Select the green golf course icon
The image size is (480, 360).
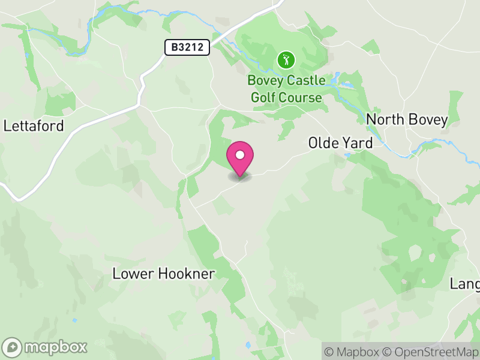pyautogui.click(x=286, y=59)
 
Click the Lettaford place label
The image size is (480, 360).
pyautogui.click(x=34, y=126)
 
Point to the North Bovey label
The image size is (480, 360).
pyautogui.click(x=407, y=119)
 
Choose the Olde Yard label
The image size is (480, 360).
pyautogui.click(x=340, y=143)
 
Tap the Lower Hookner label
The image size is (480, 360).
pyautogui.click(x=164, y=274)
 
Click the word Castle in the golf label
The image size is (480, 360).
pyautogui.click(x=305, y=81)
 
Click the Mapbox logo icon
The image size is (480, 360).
pyautogui.click(x=13, y=347)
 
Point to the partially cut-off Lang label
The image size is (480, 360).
pyautogui.click(x=465, y=283)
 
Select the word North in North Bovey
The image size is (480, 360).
pyautogui.click(x=384, y=119)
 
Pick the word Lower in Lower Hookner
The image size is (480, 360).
pyautogui.click(x=134, y=274)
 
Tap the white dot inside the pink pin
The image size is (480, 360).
pyautogui.click(x=240, y=155)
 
